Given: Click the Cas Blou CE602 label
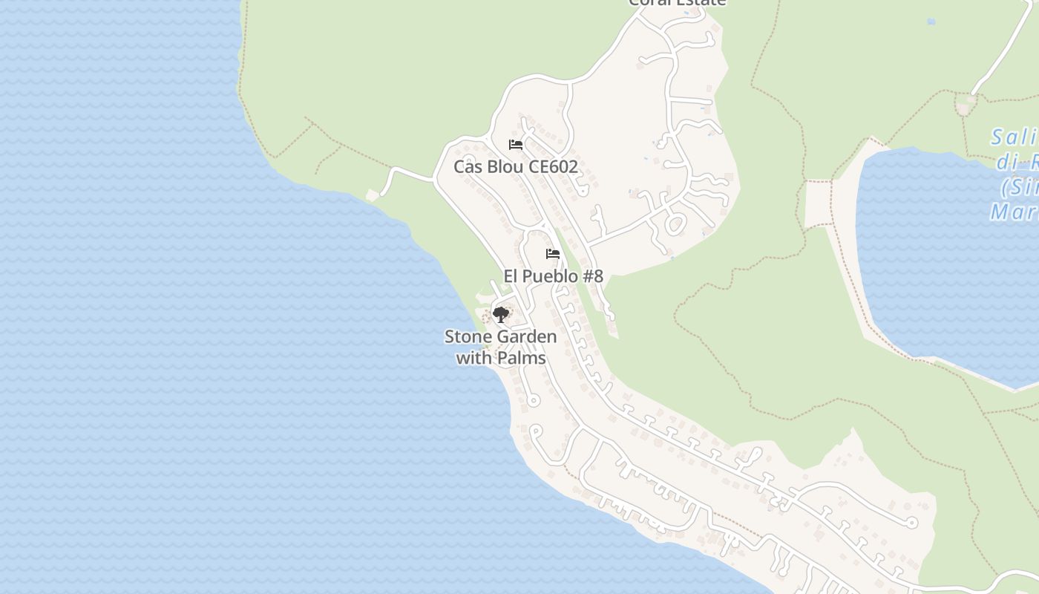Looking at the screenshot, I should pos(515,166).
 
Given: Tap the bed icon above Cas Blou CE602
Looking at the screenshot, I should pos(516,145).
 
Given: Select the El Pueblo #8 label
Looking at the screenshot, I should pos(553,276).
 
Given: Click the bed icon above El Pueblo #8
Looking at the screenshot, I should pos(553,254).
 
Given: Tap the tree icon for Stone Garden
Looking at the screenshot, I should pos(501,315).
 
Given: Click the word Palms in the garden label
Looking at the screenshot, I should pos(522,358).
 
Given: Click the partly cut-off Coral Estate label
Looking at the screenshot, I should pos(677,3).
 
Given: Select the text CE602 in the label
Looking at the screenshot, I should pos(553,166).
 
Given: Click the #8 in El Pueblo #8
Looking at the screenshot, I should pos(592,276).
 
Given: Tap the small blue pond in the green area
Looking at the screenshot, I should pos(931,22).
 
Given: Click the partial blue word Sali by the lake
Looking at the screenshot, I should pos(1014,138).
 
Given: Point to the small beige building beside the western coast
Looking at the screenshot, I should pos(373,195).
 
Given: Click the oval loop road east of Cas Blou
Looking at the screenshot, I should pos(675,223).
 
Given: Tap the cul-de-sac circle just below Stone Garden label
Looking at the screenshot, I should pos(533,401).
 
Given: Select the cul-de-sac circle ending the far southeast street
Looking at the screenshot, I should pos(912,523).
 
